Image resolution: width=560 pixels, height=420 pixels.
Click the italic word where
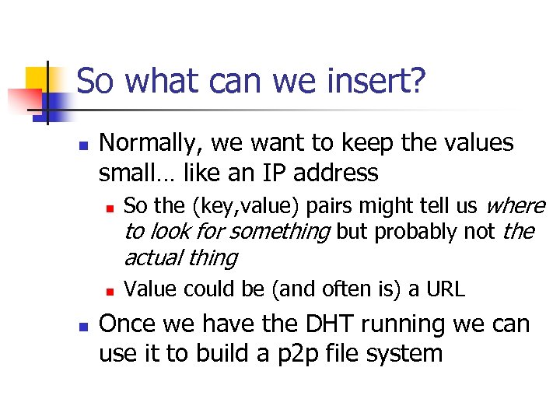[515, 206]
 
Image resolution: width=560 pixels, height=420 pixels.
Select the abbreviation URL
[446, 290]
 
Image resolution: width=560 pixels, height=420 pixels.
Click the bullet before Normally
[84, 145]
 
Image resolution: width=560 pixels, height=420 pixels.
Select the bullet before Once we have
[84, 326]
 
